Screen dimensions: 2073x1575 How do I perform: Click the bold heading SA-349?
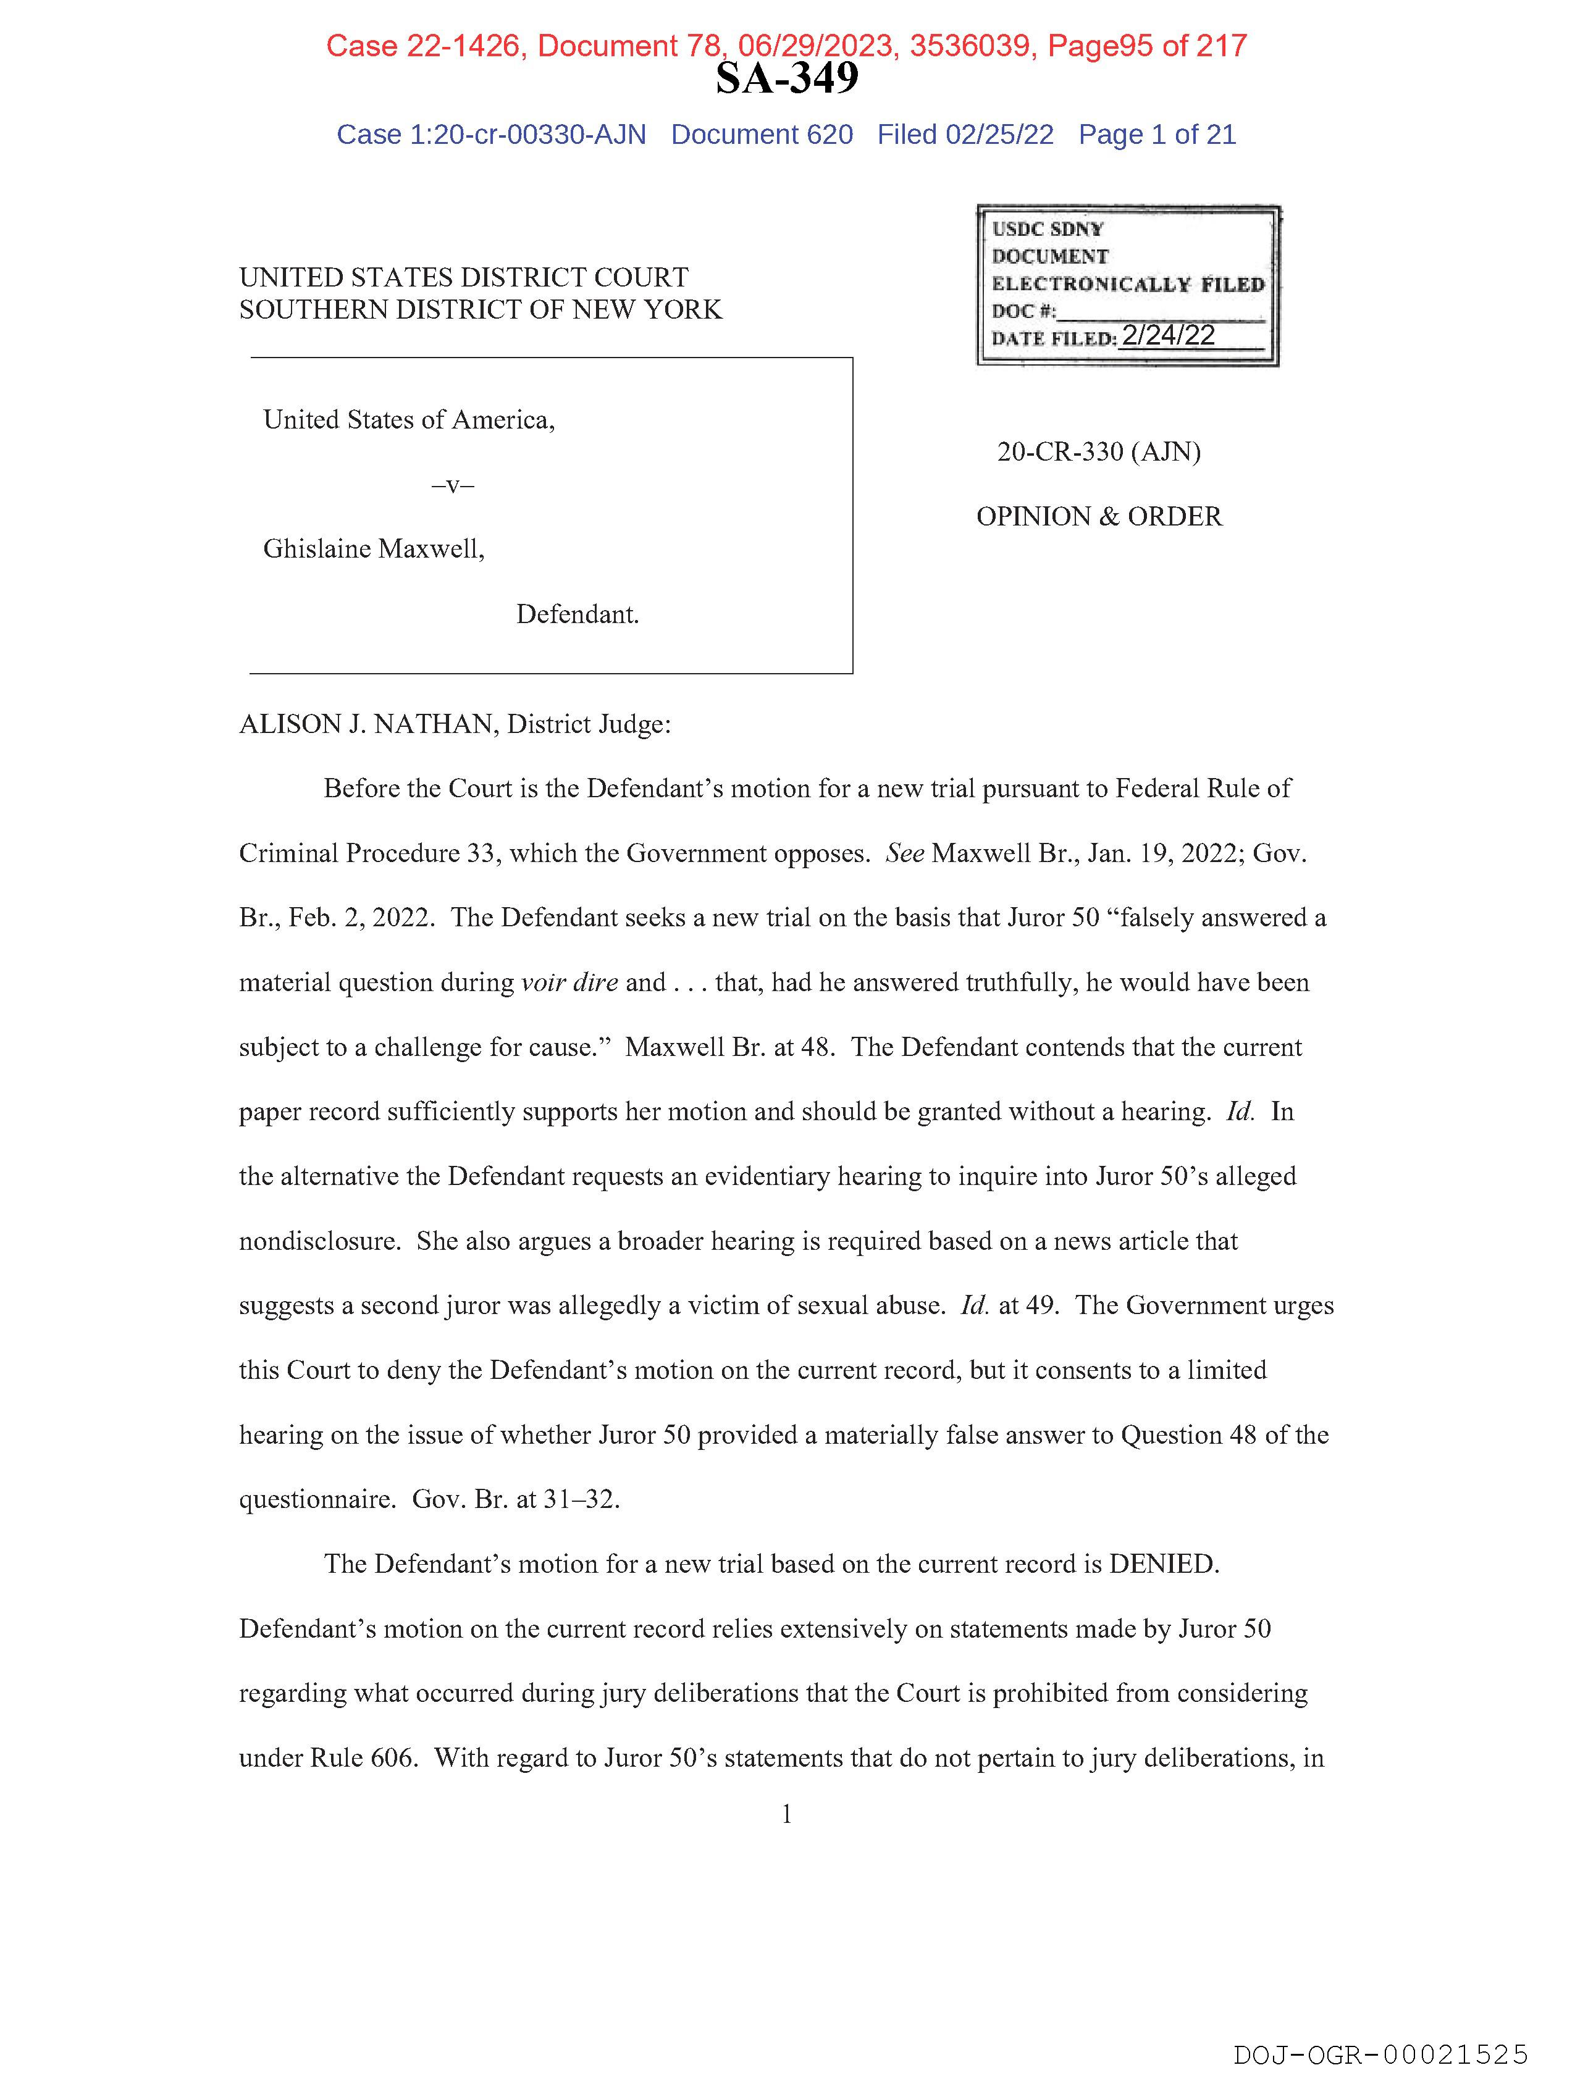(786, 78)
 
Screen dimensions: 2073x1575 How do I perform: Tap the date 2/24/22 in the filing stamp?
(1168, 335)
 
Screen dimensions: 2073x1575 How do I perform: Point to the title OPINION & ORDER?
(1099, 516)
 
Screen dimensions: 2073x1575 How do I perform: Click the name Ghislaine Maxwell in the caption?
(372, 549)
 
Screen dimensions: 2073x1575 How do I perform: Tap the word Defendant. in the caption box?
(577, 615)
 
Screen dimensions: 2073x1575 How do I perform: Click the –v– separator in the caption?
(453, 485)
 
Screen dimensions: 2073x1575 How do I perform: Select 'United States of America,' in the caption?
(409, 420)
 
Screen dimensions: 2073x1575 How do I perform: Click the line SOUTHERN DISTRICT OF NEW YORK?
(480, 309)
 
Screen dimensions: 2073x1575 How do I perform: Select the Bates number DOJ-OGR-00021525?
(1380, 2054)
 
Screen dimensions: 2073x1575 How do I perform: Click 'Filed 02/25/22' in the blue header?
(965, 135)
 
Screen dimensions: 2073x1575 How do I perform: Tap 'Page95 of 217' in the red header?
(1146, 46)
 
